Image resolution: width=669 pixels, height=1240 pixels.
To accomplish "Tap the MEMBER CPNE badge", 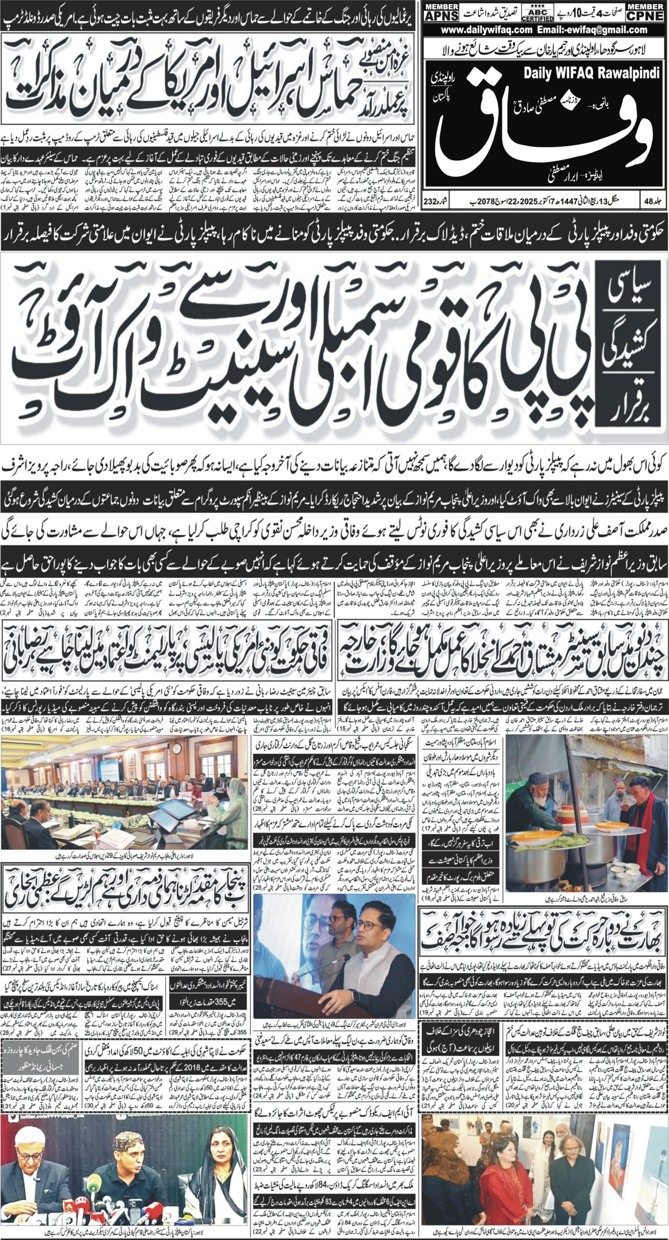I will (646, 12).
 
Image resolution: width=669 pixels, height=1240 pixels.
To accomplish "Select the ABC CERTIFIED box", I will (537, 13).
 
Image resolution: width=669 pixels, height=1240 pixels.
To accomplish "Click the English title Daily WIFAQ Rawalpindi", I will (592, 73).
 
